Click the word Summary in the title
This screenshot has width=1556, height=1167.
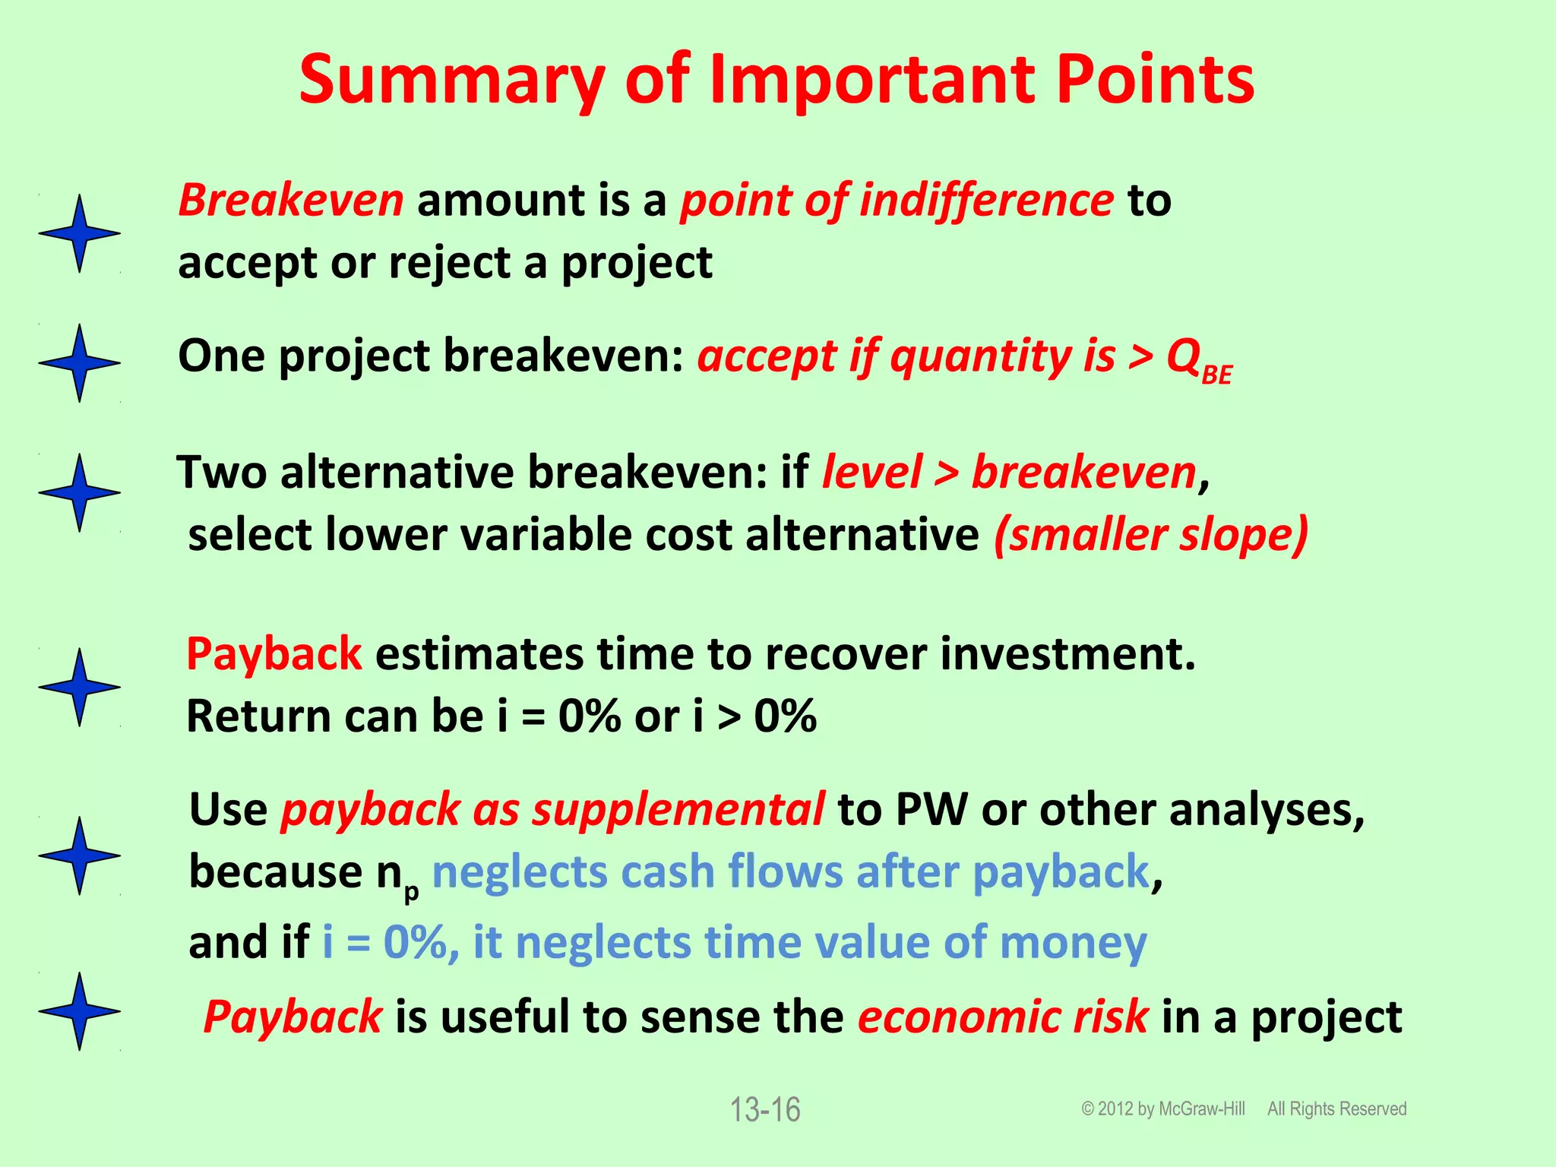click(x=453, y=80)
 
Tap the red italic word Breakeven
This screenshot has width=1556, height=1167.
click(x=290, y=201)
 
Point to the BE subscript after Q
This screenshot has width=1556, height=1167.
click(x=1217, y=375)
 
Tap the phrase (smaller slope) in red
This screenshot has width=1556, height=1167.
click(x=1150, y=534)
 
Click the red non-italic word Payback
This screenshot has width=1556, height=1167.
click(x=274, y=654)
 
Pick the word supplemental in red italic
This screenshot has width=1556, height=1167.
click(x=678, y=809)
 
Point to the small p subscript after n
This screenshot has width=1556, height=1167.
click(x=411, y=892)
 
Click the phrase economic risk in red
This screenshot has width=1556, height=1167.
click(x=1003, y=1017)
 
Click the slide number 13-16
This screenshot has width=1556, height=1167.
click(x=765, y=1110)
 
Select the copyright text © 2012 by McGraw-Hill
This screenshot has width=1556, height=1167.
click(x=1163, y=1109)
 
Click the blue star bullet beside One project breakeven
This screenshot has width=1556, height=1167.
click(x=79, y=362)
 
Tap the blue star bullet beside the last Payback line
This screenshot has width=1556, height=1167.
click(x=79, y=1011)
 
